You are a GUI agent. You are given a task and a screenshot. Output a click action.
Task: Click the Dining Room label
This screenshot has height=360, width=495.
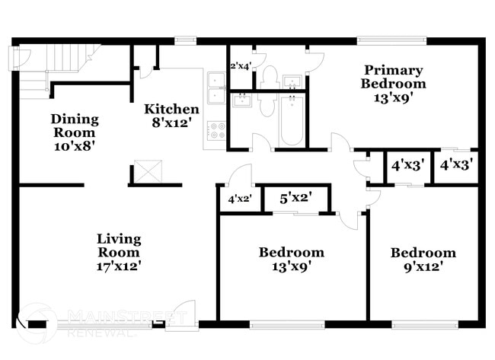[75, 125]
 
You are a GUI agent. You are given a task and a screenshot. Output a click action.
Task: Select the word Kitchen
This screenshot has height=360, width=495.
[172, 109]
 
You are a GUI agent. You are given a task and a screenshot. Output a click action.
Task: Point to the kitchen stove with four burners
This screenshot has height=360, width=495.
[216, 130]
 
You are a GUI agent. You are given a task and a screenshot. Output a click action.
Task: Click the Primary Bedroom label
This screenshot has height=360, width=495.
[393, 76]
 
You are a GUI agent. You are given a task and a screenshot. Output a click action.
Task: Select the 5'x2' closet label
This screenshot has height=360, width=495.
[295, 199]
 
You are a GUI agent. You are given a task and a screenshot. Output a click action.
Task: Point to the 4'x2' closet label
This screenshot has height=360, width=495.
[240, 200]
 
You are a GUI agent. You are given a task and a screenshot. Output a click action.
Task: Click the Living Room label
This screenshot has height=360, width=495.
[118, 245]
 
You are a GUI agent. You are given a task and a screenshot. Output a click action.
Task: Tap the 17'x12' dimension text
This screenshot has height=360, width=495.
[118, 266]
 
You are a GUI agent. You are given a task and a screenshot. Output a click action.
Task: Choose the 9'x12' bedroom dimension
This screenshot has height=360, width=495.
[423, 266]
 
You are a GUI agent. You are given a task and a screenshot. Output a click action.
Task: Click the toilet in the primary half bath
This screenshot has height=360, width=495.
[269, 76]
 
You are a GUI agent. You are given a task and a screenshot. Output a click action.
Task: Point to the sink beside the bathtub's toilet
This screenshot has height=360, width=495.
[242, 100]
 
